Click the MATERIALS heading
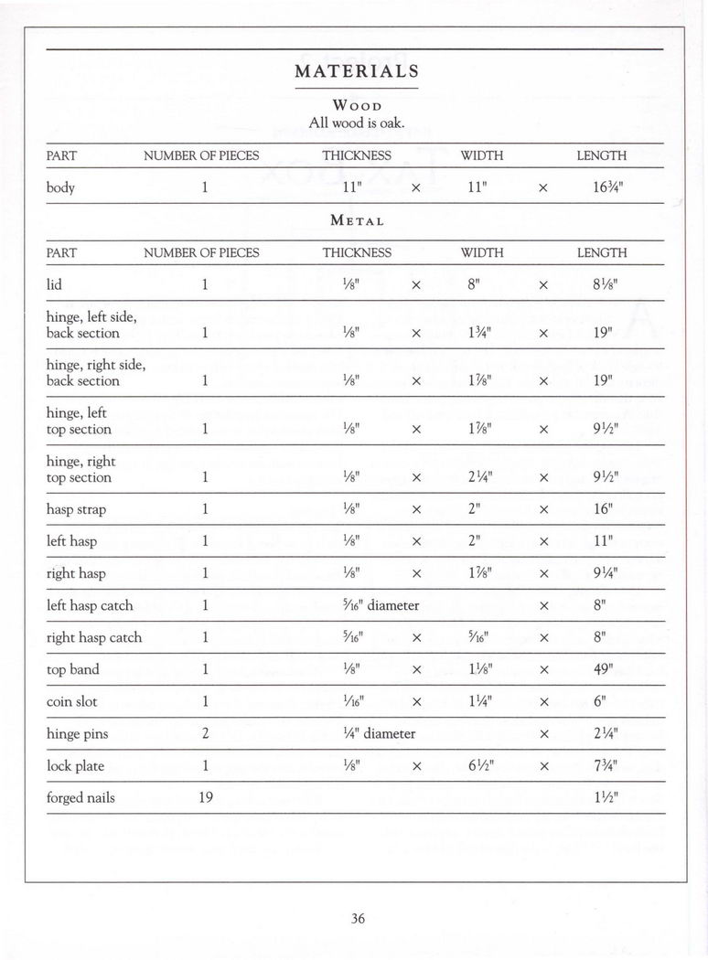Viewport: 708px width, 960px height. pyautogui.click(x=357, y=71)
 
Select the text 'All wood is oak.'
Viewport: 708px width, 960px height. pyautogui.click(x=357, y=123)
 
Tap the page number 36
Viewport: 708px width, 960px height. pyautogui.click(x=358, y=919)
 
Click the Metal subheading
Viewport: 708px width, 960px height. pyautogui.click(x=357, y=220)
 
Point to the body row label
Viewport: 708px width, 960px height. pyautogui.click(x=60, y=188)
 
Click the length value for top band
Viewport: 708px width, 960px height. pyautogui.click(x=602, y=670)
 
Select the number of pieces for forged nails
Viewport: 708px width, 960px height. pyautogui.click(x=206, y=798)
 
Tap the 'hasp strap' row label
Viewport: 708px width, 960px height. pyautogui.click(x=76, y=509)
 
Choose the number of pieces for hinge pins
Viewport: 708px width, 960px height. pyautogui.click(x=206, y=734)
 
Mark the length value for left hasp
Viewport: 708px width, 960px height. pyautogui.click(x=601, y=541)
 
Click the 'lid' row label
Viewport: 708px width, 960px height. pyautogui.click(x=54, y=284)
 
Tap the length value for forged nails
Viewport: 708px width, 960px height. pyautogui.click(x=601, y=798)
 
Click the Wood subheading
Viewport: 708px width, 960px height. pyautogui.click(x=357, y=105)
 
